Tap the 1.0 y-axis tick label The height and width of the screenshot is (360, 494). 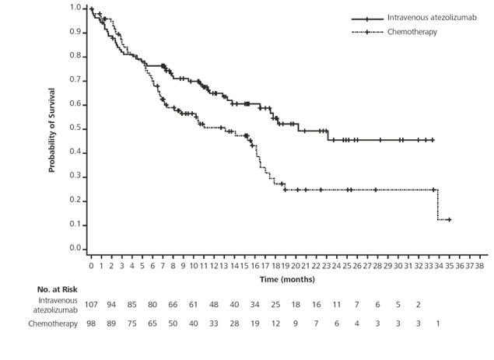coord(75,8)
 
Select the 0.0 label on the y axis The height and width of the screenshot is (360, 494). coord(75,249)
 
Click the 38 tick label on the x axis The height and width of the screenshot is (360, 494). coord(480,266)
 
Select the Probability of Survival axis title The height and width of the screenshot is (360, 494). coord(53,128)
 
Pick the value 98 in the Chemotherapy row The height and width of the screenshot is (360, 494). coord(92,323)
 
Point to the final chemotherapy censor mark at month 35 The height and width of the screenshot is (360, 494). coord(449,220)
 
